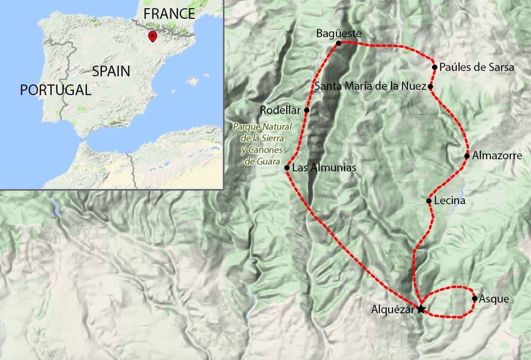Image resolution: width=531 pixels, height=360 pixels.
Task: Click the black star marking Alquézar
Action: point(421,309)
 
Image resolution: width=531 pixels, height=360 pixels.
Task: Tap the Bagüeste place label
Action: point(338,34)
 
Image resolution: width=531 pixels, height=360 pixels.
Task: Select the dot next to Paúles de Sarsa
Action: point(435,67)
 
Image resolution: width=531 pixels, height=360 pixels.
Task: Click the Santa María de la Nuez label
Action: point(370,87)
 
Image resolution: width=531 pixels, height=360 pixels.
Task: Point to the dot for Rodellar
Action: point(307,110)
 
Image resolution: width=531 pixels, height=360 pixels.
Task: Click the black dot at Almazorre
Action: point(467,156)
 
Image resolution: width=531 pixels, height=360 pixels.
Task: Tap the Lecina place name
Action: point(449,201)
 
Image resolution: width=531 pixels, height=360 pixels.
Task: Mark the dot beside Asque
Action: point(475,298)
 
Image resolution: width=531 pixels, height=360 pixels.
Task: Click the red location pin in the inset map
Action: point(153,36)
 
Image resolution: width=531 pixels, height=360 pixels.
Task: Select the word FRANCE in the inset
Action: point(169,13)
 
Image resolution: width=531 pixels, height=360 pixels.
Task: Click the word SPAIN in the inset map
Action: point(111,71)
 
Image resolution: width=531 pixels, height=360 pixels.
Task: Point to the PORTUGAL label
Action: point(55,90)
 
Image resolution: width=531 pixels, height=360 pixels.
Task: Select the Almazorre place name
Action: point(497,156)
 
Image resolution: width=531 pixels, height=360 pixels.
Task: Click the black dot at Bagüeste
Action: point(338,43)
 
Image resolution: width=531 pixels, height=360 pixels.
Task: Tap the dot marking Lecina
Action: point(429,201)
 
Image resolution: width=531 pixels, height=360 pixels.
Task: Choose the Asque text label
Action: point(494,299)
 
